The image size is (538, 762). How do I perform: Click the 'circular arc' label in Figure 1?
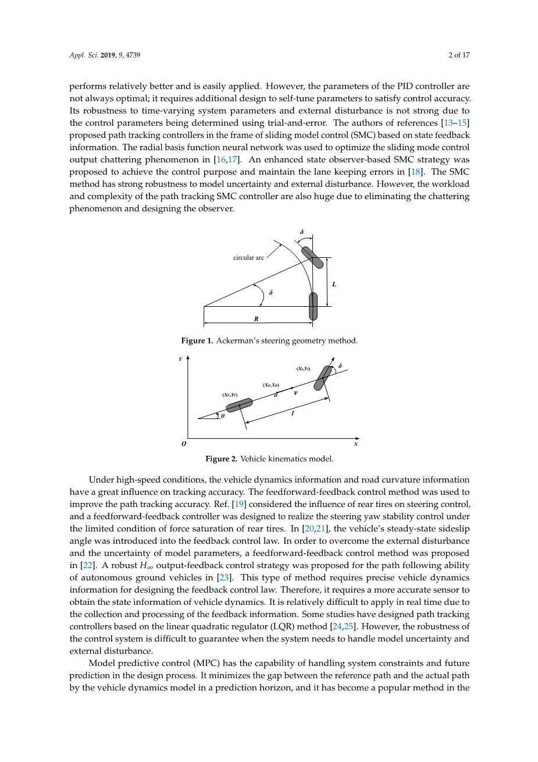pos(248,257)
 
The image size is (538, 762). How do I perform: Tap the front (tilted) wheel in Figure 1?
pos(312,257)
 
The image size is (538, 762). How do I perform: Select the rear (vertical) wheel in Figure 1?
pos(313,306)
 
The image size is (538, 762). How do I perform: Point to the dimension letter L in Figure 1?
pos(334,284)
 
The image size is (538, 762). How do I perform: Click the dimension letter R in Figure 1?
pos(256,319)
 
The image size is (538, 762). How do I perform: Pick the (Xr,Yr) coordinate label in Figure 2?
pos(230,395)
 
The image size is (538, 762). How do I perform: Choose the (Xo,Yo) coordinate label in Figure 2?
pos(270,385)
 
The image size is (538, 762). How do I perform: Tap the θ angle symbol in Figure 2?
pos(223,416)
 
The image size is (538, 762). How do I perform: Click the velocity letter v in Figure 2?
pos(295,393)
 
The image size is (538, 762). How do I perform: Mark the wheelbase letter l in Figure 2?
pos(293,413)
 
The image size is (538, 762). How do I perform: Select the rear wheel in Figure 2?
pos(239,405)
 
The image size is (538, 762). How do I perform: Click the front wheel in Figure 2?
pos(322,378)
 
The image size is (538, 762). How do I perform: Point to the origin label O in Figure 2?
pos(184,444)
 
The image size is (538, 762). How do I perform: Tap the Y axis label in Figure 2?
pos(180,359)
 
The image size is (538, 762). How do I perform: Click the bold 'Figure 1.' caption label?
pos(197,341)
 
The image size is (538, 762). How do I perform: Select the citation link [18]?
pos(416,172)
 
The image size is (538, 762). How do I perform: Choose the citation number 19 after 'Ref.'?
pos(238,504)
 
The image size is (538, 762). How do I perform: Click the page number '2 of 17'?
pos(459,55)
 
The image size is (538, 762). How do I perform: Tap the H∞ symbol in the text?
pos(147,566)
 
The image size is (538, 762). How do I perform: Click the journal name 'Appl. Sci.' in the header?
pos(84,55)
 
